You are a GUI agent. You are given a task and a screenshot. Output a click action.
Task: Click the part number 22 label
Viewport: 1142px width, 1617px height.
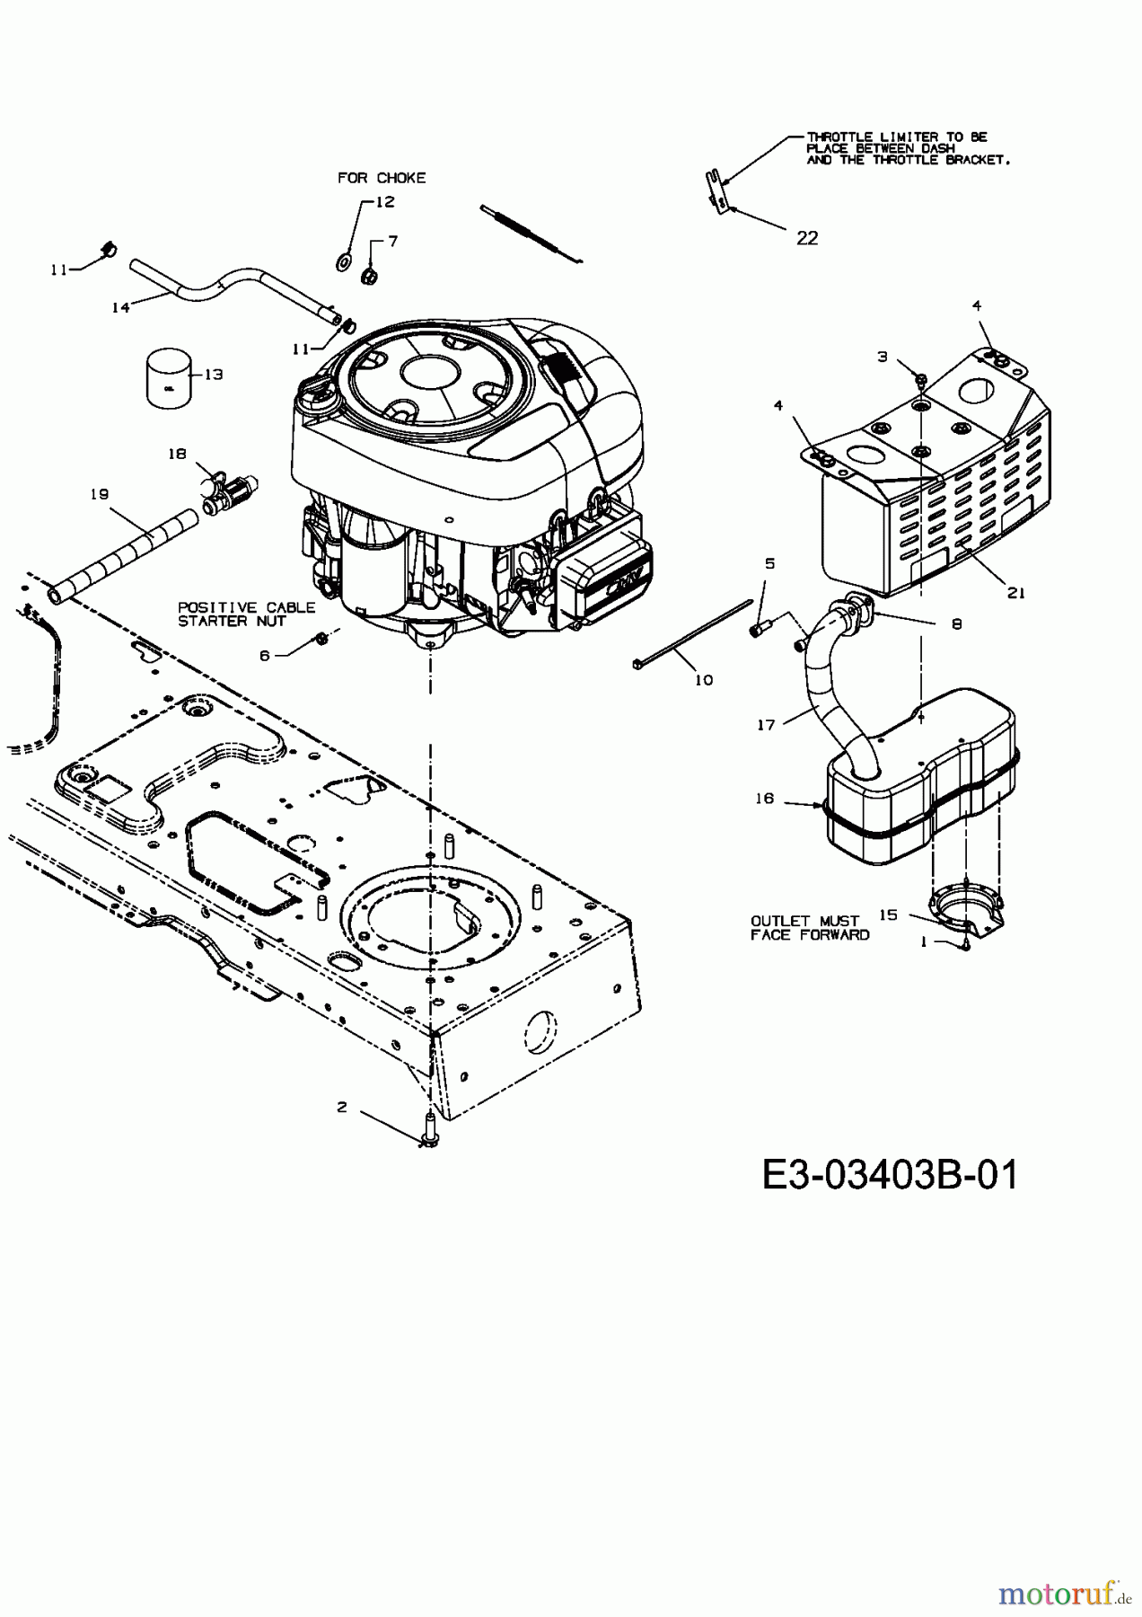tap(807, 238)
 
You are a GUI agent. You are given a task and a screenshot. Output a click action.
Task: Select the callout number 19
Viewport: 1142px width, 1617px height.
tap(99, 493)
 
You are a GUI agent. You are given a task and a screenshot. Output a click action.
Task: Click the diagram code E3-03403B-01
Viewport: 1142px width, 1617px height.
tap(890, 1174)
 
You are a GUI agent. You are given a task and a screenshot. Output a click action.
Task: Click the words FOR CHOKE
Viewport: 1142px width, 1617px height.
tap(382, 178)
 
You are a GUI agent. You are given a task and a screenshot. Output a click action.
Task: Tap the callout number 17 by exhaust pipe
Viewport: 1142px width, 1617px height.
tap(766, 725)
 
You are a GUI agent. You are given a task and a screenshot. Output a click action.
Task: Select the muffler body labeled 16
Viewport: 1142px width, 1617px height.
tap(916, 791)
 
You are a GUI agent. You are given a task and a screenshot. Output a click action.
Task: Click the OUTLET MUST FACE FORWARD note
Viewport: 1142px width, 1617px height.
tap(810, 928)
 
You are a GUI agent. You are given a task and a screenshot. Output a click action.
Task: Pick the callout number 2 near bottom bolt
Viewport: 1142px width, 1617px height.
tap(342, 1107)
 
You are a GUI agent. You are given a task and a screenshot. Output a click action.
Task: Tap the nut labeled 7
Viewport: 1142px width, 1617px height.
tap(367, 275)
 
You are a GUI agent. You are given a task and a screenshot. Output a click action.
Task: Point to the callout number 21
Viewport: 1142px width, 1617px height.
tap(1016, 593)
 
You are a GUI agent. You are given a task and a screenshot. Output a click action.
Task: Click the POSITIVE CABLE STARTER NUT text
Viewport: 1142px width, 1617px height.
tap(246, 614)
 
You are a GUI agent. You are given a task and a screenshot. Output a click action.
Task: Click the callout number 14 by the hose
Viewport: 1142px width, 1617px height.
tap(120, 307)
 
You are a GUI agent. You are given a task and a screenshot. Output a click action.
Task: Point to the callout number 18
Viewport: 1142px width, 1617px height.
tap(178, 455)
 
